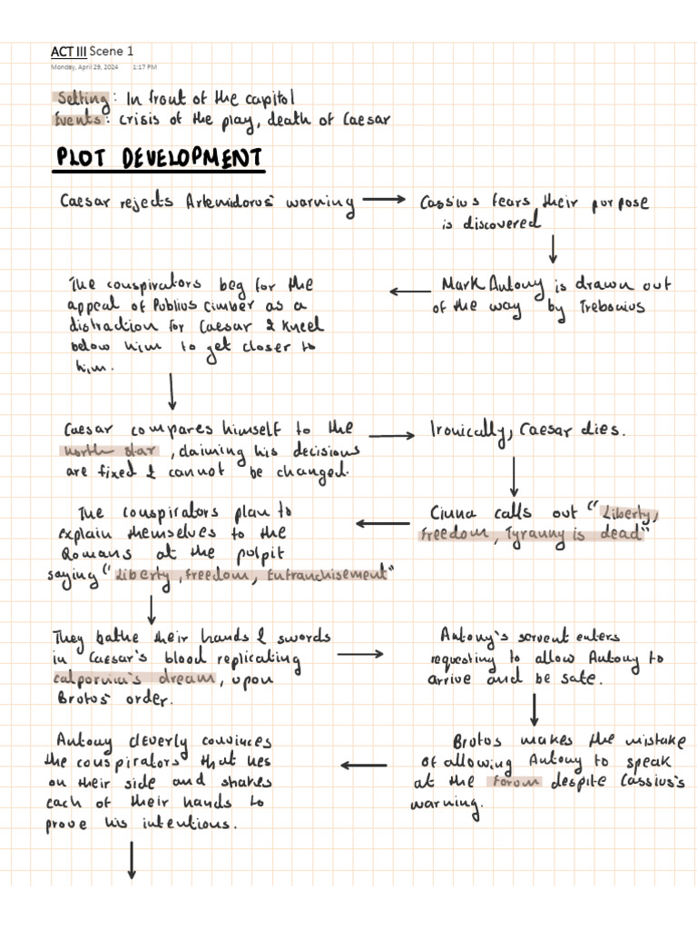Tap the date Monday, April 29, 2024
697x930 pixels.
(84, 67)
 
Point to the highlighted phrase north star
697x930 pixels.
(110, 450)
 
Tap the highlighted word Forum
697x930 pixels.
(514, 781)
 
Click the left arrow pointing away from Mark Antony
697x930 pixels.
(410, 292)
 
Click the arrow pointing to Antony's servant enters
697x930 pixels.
(360, 653)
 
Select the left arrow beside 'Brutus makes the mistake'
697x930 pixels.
(363, 765)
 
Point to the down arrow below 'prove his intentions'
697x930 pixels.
(133, 860)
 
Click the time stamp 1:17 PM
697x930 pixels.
(144, 67)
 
